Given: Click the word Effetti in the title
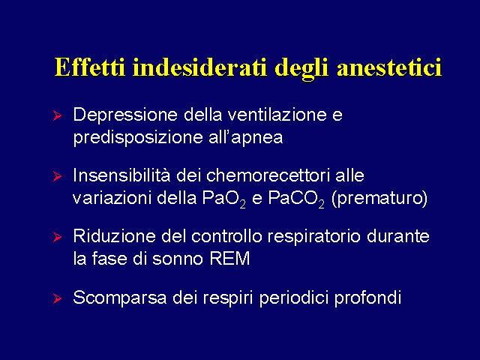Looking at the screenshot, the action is tap(90, 67).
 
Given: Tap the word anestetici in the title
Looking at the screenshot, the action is tap(389, 67).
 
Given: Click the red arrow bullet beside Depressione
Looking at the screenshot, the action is tap(57, 115).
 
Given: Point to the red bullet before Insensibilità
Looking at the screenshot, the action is tap(57, 176).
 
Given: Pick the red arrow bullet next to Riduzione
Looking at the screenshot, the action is tap(57, 237).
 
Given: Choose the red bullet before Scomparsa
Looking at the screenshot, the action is tap(57, 298).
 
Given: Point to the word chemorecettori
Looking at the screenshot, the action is tap(268, 175).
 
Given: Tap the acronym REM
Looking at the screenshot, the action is tap(229, 259).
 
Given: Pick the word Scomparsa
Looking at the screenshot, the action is tap(120, 298).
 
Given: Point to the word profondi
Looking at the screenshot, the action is tap(367, 297).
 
